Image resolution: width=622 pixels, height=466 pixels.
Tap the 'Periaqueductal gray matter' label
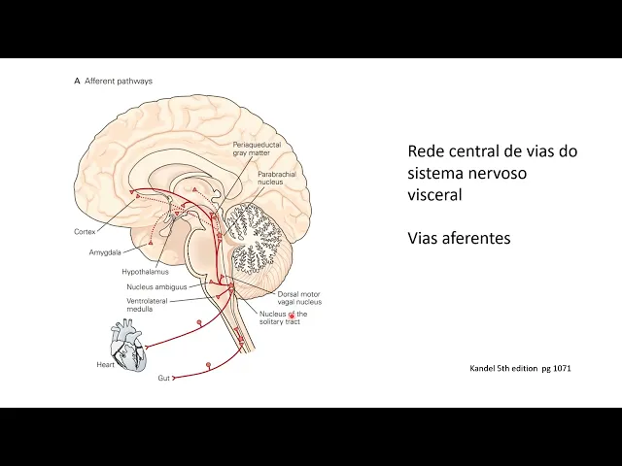pos(252,149)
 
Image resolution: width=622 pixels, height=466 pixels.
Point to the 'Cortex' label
pos(85,232)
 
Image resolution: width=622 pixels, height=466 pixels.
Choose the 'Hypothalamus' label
pos(146,272)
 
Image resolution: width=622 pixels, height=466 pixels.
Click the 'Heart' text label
pos(105,365)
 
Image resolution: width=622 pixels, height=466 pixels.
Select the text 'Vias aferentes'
pos(459,237)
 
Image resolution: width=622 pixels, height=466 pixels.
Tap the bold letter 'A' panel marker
pos(77,82)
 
